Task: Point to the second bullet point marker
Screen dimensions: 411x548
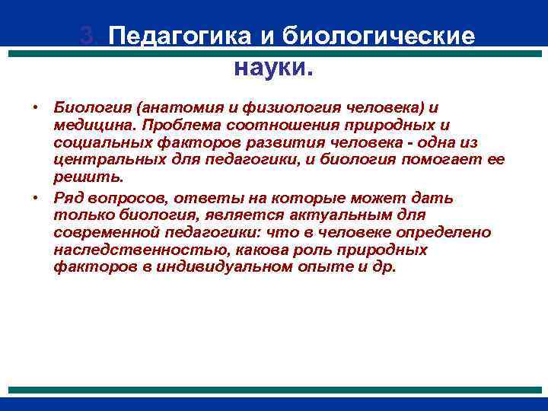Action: click(x=36, y=199)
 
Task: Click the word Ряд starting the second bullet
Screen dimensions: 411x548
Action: click(x=68, y=199)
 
